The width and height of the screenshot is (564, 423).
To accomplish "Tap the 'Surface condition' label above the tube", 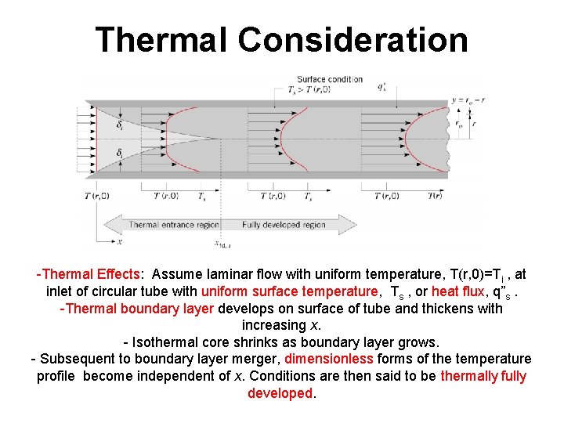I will click(x=329, y=79).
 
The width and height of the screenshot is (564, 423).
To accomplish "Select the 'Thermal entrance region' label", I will click(x=174, y=225).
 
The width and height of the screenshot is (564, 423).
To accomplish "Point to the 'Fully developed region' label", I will click(x=284, y=225).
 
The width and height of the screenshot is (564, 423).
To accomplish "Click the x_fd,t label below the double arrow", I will click(x=222, y=244).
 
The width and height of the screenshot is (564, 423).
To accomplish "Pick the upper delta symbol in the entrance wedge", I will click(x=119, y=125).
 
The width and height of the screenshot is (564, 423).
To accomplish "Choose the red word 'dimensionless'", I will click(x=329, y=359).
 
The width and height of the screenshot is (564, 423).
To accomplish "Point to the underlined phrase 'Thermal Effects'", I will click(x=91, y=274).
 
